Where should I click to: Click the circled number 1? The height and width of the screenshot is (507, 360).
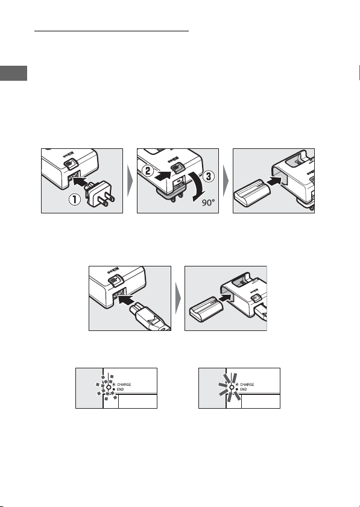click(x=75, y=199)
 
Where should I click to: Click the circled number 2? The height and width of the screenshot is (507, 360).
click(x=148, y=171)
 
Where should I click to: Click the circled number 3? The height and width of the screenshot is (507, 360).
click(x=209, y=176)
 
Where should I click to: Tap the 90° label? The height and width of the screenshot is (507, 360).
click(x=208, y=203)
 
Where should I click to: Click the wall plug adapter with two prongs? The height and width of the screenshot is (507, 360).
click(x=99, y=195)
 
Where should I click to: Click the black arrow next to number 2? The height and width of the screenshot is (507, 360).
click(x=164, y=175)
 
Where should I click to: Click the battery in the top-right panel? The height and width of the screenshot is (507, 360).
click(x=253, y=193)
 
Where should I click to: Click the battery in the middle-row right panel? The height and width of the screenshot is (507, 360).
click(x=207, y=309)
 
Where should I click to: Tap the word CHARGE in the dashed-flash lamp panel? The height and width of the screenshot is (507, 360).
click(x=124, y=385)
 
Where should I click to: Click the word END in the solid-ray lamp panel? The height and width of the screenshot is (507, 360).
click(x=243, y=389)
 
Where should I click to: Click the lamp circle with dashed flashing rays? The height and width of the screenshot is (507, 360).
click(x=109, y=387)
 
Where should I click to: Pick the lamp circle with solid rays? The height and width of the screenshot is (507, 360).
click(x=232, y=387)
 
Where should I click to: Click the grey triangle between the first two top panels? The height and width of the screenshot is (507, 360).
click(x=130, y=181)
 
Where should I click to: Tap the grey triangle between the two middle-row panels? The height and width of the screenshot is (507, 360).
click(x=178, y=298)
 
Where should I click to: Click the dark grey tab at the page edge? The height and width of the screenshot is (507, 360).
click(x=13, y=73)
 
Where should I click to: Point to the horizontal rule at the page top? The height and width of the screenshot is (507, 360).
click(x=112, y=31)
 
